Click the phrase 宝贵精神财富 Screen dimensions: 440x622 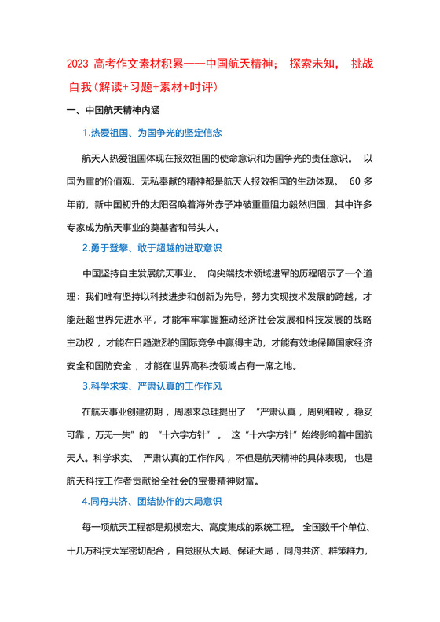236,479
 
